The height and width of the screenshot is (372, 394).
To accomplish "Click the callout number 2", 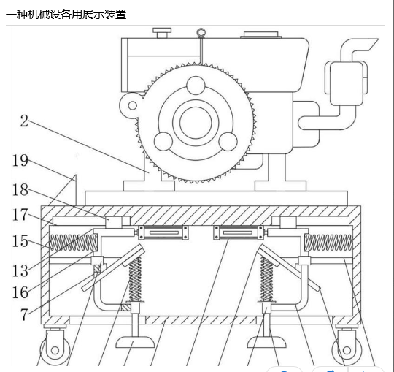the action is pos(24,121).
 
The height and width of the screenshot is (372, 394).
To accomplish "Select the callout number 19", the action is pos(20,160).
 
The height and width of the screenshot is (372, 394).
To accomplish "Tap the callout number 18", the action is pos(20,190).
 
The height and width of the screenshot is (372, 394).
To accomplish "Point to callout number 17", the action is pos(20,215).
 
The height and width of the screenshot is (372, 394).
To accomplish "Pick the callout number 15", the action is pos(20,241).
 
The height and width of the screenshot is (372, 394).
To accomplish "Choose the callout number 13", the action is pos(20,271).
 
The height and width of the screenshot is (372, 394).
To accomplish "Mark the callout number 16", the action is pos(20,292).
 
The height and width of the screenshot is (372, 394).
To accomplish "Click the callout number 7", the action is pos(24,314).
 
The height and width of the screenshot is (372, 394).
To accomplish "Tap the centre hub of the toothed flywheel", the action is pos(196,123).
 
